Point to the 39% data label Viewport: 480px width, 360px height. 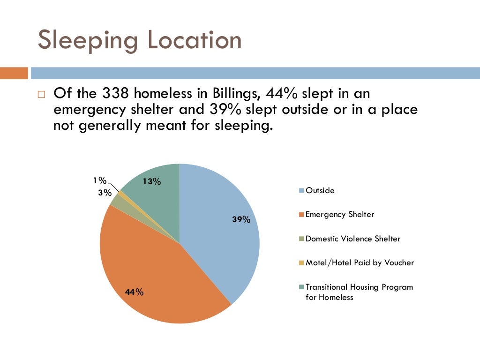(x=241, y=219)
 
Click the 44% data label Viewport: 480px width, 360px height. (x=134, y=292)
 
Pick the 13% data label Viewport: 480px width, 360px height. (x=152, y=182)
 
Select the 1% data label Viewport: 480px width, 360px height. (x=99, y=180)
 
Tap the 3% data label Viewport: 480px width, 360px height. (x=105, y=193)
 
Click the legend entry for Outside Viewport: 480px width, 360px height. (x=320, y=190)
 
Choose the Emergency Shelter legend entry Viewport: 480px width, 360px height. (x=339, y=214)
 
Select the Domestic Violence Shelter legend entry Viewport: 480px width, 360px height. (x=352, y=239)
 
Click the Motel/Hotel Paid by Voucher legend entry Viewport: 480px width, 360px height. (x=359, y=262)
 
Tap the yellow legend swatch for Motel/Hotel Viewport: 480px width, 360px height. (x=302, y=263)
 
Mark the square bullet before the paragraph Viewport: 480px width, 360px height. (x=41, y=94)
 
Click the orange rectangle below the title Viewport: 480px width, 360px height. (x=14, y=73)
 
